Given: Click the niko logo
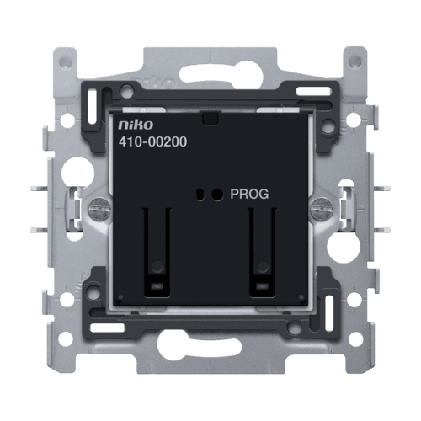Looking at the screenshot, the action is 136,125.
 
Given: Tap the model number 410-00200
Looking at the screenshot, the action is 152,141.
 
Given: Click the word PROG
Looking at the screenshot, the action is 249,194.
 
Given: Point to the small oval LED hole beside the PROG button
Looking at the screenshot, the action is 200,195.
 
